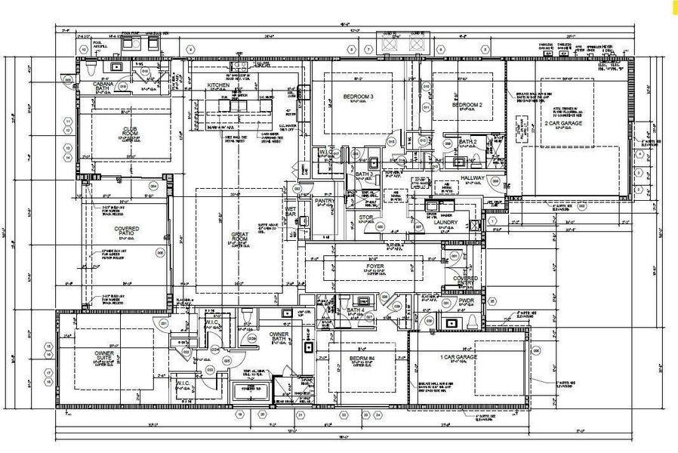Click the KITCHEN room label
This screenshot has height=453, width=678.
pos(218,85)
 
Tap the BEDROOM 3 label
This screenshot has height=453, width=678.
pos(359,97)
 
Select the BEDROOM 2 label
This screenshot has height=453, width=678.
pos(467,105)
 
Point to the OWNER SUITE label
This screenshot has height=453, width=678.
pos(104,356)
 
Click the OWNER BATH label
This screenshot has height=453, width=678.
pos(279,336)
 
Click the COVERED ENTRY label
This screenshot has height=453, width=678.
pos(465,282)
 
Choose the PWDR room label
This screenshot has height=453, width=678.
pos(466,300)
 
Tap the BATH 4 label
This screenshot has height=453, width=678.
pos(356,311)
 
